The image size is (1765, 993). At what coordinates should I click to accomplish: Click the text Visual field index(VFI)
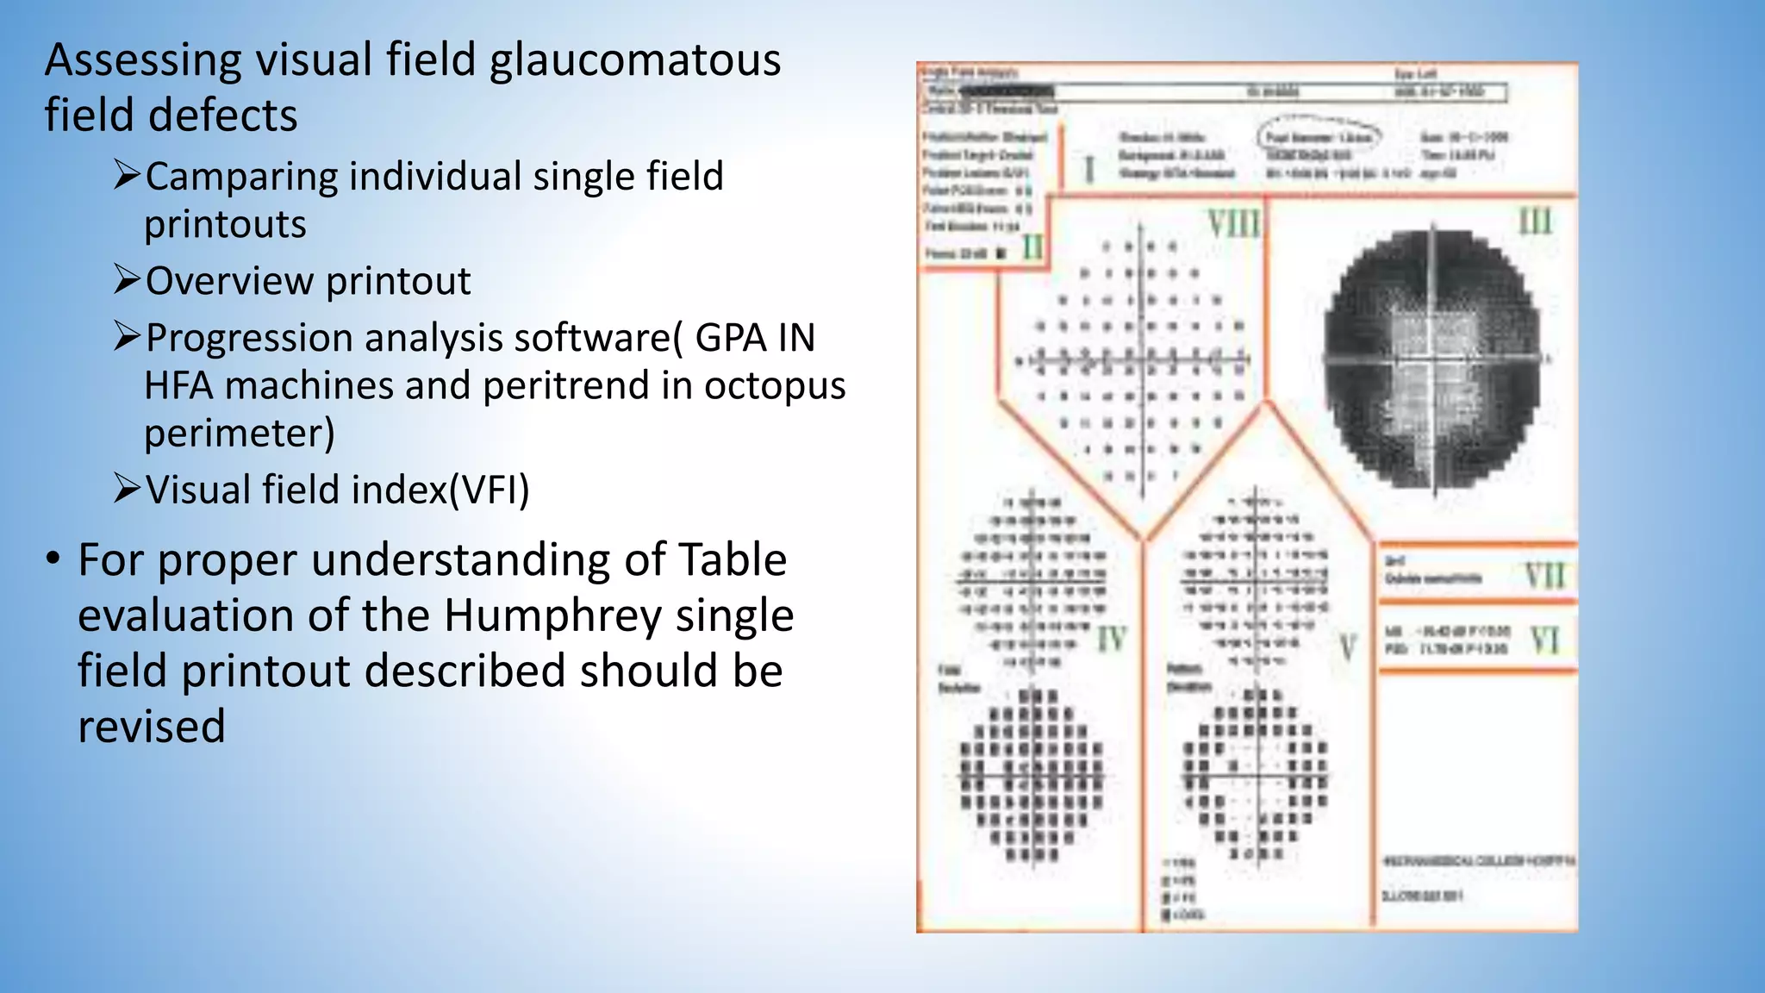tap(337, 490)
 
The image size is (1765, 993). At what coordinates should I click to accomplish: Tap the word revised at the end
tap(152, 727)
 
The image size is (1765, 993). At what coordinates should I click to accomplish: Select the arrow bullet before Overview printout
tap(127, 280)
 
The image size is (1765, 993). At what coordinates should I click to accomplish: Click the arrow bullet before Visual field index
tap(127, 489)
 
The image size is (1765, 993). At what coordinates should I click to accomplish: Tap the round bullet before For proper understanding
tap(53, 559)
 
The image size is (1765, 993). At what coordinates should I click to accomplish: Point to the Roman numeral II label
tap(1032, 248)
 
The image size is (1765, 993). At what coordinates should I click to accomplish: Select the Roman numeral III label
tap(1535, 222)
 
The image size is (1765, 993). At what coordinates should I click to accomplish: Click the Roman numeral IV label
tap(1112, 640)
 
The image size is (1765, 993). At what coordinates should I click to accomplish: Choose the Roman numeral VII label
tap(1544, 576)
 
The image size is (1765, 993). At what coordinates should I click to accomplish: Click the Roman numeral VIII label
tap(1234, 223)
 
